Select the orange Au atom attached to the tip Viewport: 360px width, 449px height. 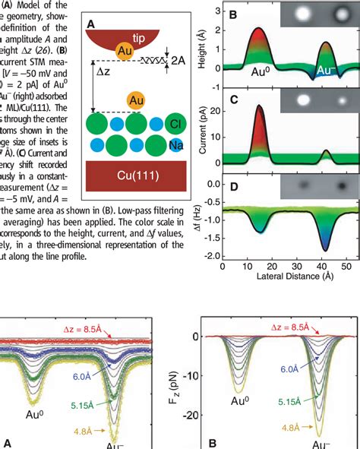click(x=125, y=51)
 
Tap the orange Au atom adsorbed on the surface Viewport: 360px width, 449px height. click(x=137, y=100)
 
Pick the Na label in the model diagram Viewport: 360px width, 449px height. click(x=175, y=144)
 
